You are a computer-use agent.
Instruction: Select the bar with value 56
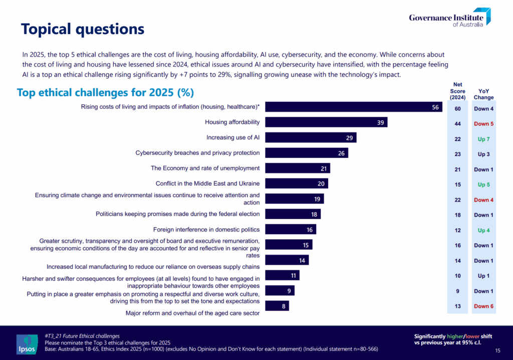pos(354,107)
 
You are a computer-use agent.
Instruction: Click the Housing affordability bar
pos(326,122)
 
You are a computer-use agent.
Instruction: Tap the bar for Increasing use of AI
pos(311,137)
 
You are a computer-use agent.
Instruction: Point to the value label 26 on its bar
pos(341,153)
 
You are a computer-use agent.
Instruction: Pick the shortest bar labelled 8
pos(277,305)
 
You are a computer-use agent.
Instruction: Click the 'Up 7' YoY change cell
pos(484,139)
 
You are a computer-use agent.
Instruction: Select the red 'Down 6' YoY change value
pos(484,306)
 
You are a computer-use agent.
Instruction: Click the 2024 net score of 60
pos(457,108)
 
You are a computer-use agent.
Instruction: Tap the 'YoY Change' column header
pos(484,94)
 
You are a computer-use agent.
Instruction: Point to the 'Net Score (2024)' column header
pos(457,91)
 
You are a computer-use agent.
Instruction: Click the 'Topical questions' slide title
pos(83,29)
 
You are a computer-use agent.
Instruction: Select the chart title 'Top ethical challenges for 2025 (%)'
pos(105,93)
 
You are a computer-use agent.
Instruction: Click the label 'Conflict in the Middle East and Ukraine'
pos(207,184)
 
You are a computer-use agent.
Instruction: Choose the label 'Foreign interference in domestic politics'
pos(206,230)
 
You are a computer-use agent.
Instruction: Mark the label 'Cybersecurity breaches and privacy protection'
pos(197,152)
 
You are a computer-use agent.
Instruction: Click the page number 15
pos(497,350)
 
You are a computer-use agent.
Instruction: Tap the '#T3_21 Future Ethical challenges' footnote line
pos(82,335)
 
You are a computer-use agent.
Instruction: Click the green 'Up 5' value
pos(484,185)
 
